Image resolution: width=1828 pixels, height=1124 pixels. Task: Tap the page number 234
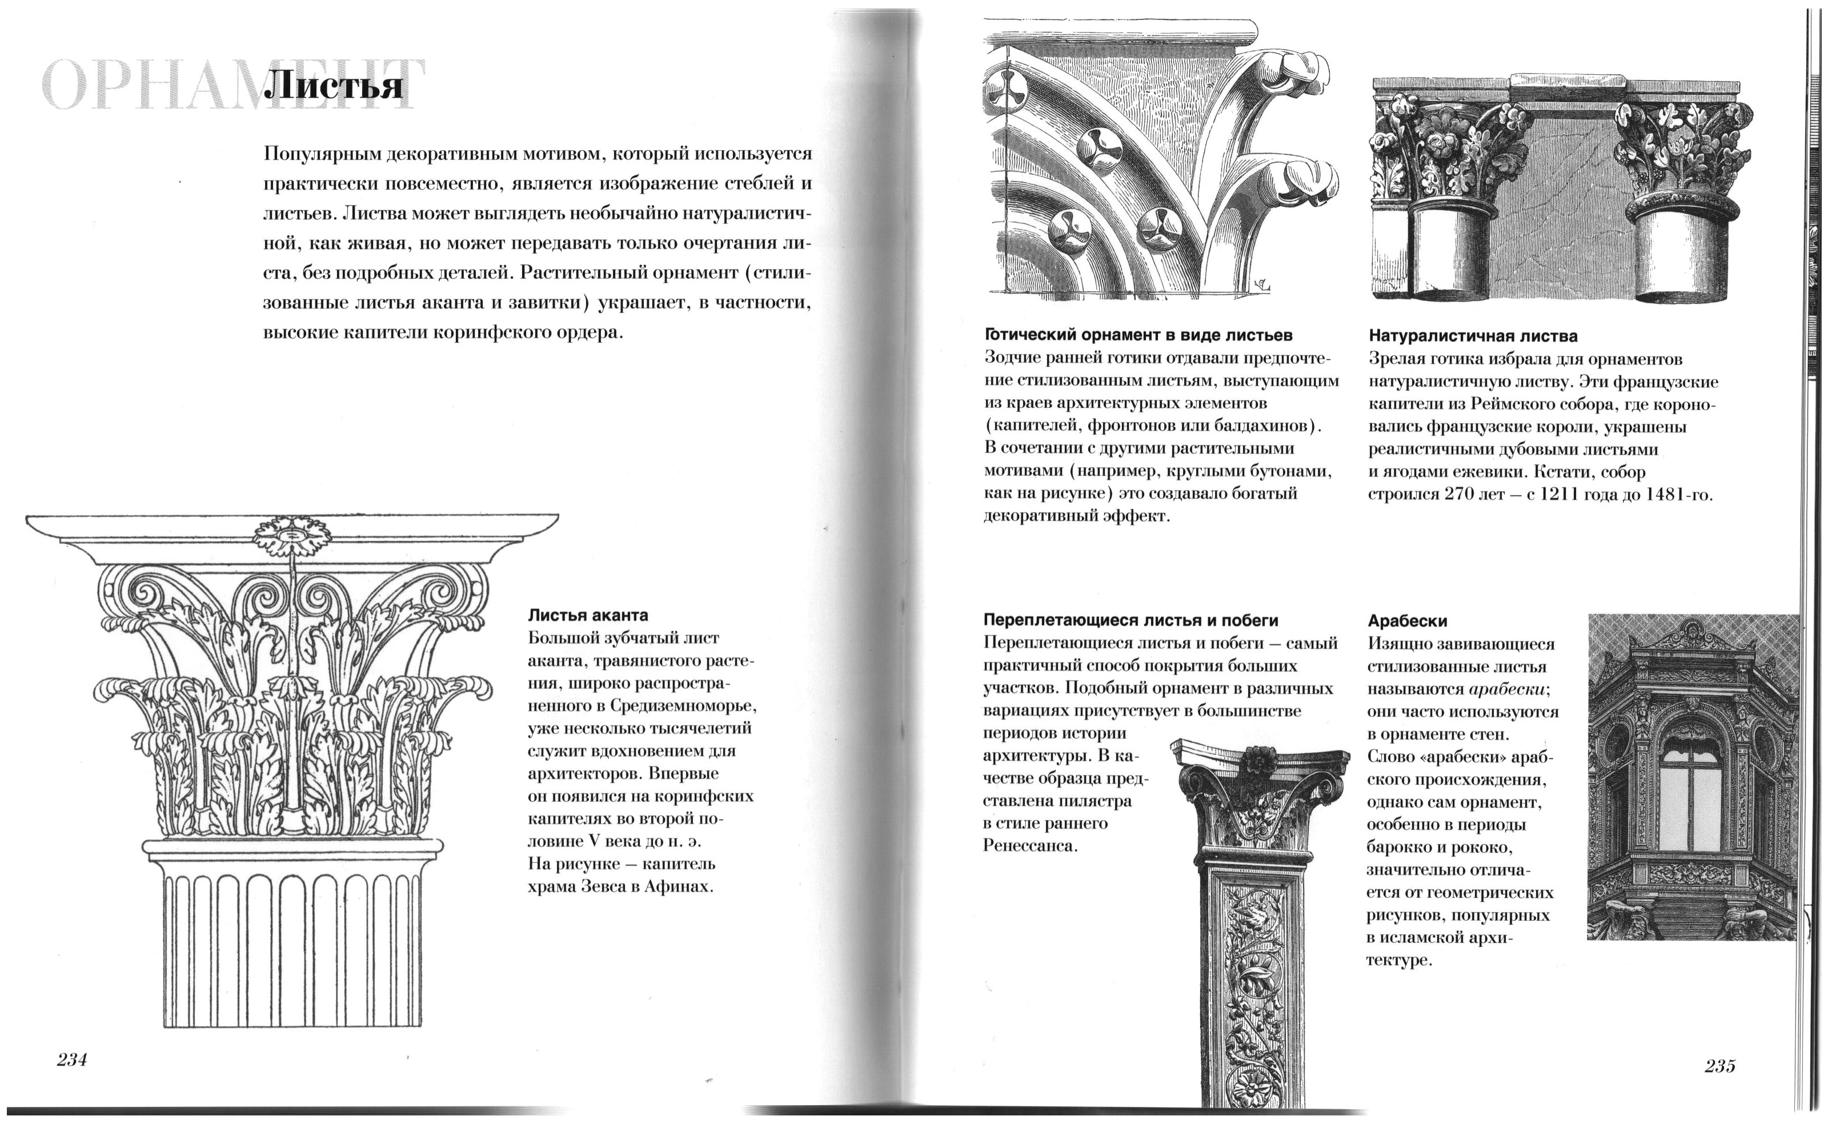point(72,1060)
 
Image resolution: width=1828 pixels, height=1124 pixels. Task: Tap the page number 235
point(1720,1066)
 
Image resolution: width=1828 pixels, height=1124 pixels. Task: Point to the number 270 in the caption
point(1468,495)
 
